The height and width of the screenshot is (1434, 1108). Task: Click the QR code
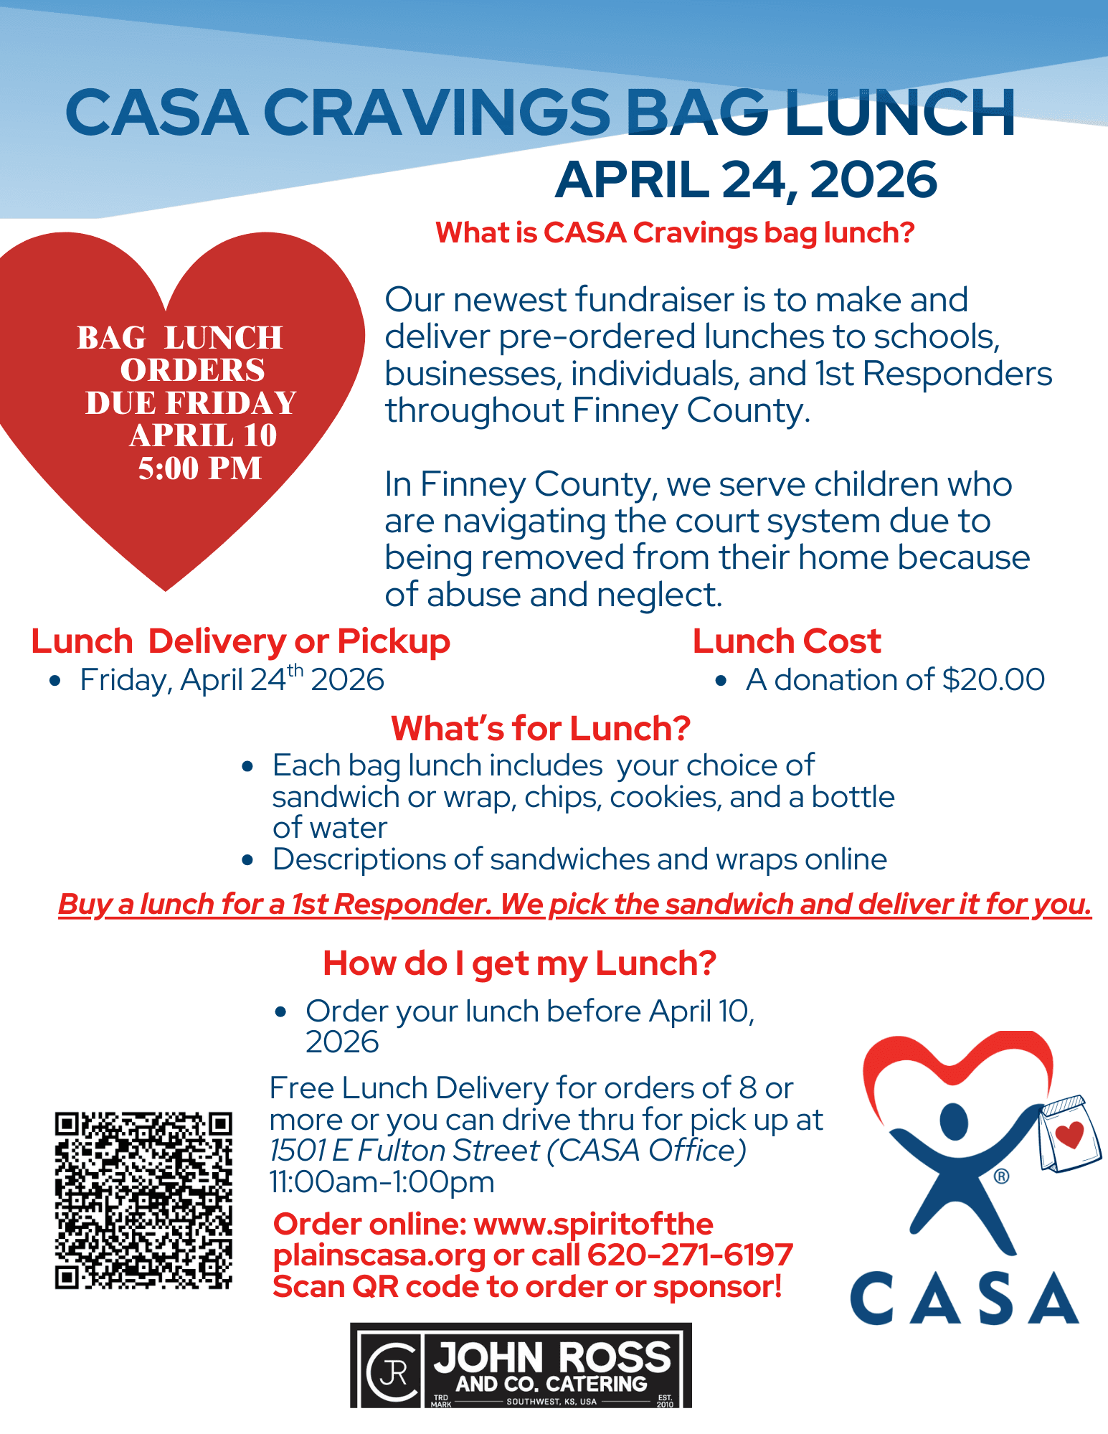tap(143, 1200)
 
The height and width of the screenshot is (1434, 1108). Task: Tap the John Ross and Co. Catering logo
tap(521, 1365)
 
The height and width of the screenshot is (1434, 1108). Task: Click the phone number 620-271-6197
tap(690, 1255)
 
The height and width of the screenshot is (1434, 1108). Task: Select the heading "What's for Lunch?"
tap(540, 728)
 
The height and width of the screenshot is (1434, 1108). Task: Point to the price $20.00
tap(993, 679)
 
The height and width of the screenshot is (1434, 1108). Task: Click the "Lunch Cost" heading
tap(787, 641)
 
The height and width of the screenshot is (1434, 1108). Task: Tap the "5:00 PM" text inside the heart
tap(200, 468)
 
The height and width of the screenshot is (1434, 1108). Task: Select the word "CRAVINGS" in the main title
tap(437, 113)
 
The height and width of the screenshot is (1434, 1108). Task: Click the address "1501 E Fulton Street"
tap(404, 1151)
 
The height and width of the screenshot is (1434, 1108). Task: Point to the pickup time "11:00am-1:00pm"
tap(382, 1181)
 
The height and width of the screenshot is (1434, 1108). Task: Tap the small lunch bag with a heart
tap(1070, 1133)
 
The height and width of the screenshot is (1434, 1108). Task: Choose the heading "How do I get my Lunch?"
tap(519, 963)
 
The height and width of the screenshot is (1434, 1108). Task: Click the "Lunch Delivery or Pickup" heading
tap(240, 641)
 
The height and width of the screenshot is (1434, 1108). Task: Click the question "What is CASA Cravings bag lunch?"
tap(675, 232)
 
